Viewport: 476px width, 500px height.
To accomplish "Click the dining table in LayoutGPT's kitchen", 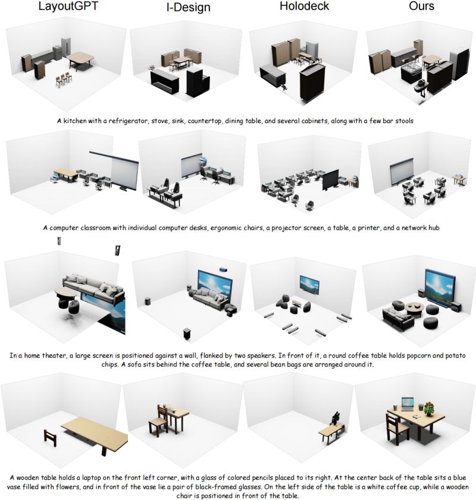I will (81, 58).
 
